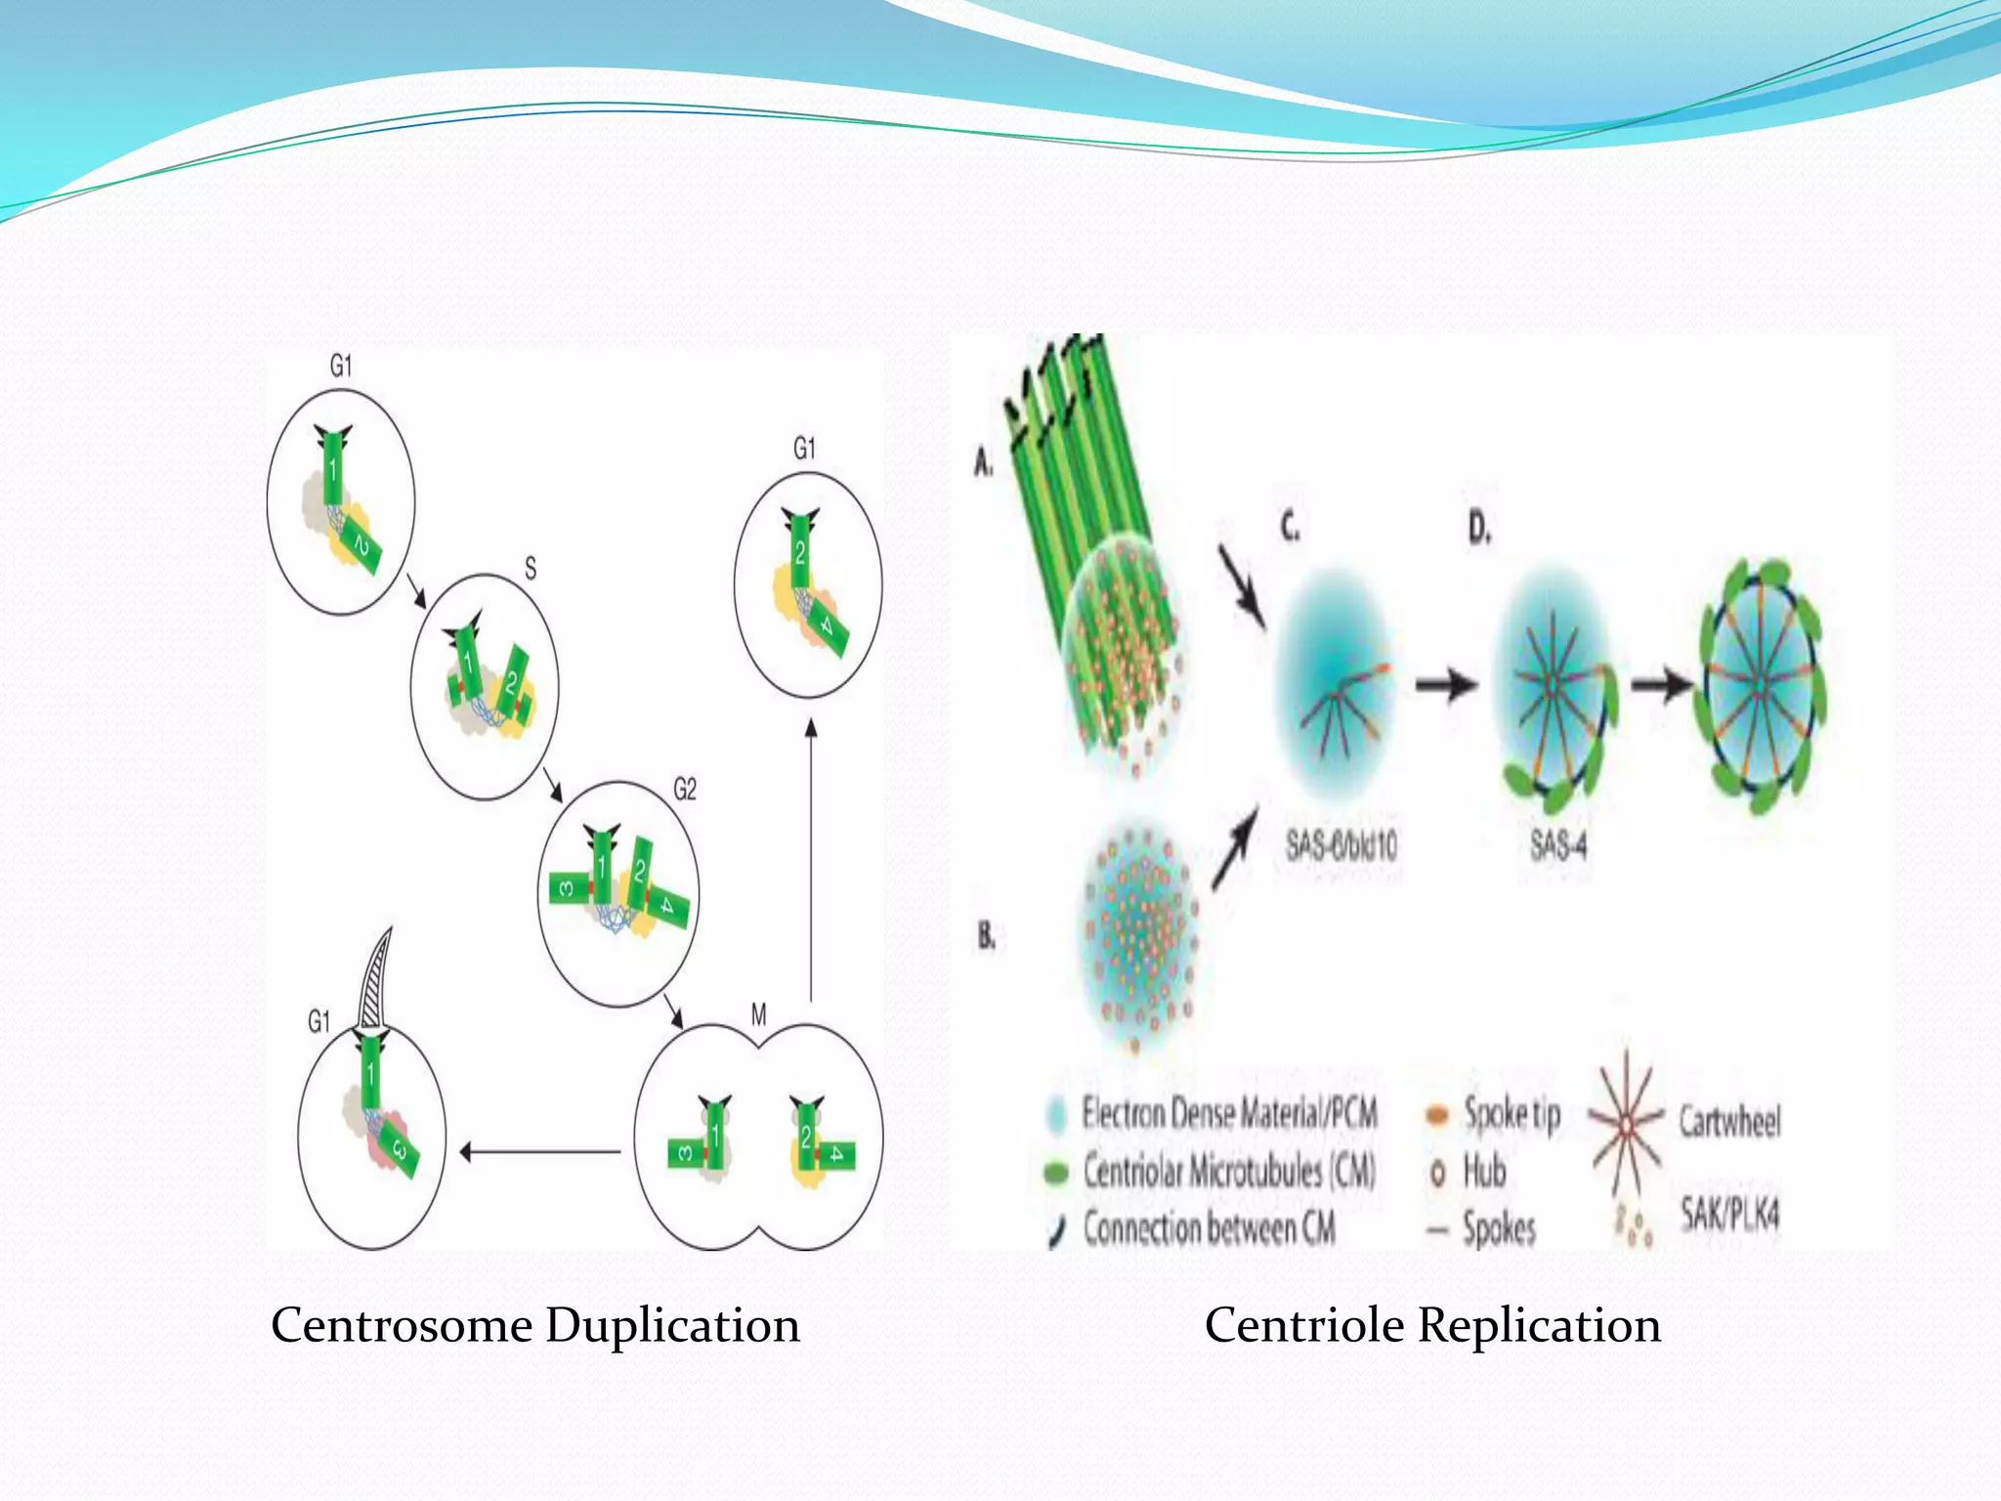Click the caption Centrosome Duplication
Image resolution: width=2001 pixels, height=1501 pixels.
click(x=534, y=1326)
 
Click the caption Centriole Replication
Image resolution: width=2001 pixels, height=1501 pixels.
click(x=1432, y=1326)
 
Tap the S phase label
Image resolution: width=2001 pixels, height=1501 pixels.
click(x=530, y=568)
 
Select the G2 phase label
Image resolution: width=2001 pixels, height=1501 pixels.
click(x=685, y=789)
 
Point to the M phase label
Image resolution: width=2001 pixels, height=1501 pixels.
click(x=758, y=1015)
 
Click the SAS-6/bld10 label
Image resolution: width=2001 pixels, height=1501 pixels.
click(x=1341, y=844)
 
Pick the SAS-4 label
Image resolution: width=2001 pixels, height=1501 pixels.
click(x=1558, y=844)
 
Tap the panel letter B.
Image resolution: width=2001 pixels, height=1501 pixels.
click(x=987, y=936)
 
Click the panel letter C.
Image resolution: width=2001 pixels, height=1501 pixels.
click(x=1290, y=528)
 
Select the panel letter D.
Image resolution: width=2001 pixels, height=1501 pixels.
click(x=1479, y=529)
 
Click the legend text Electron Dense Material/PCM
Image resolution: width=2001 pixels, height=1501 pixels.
click(x=1229, y=1113)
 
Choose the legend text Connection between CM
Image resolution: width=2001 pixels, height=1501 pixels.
click(x=1209, y=1228)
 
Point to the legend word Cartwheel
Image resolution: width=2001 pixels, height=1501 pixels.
click(x=1729, y=1121)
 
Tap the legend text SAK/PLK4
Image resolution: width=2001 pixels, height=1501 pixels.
click(x=1729, y=1215)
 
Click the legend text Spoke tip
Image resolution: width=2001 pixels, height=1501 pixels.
click(x=1511, y=1113)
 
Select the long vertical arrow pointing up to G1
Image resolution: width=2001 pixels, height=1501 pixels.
click(x=810, y=860)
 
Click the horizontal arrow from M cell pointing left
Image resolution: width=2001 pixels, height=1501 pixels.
click(x=539, y=1152)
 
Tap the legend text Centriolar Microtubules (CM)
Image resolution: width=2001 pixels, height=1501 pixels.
click(x=1228, y=1171)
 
